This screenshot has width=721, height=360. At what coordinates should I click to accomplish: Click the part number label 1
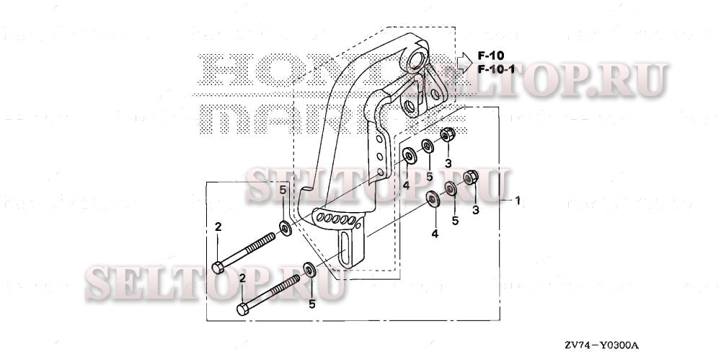point(517,200)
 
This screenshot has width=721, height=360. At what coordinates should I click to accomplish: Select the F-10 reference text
point(491,56)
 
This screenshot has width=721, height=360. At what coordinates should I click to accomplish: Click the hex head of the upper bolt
point(218,268)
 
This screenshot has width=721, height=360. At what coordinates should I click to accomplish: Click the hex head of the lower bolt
point(242,311)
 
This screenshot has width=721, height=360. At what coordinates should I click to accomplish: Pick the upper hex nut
point(446,134)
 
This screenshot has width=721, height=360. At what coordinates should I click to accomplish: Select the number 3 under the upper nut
point(448,162)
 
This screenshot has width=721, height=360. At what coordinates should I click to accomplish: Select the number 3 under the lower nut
point(475,210)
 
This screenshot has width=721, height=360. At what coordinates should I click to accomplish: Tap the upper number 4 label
point(406,185)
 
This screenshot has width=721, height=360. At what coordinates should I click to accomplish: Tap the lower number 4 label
point(435,234)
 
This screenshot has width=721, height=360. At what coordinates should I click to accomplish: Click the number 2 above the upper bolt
point(218,228)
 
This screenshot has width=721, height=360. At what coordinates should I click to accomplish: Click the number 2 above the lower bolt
point(243,278)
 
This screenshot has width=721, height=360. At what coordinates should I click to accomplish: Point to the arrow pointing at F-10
point(463,56)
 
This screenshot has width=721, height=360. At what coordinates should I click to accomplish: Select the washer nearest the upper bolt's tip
point(285,229)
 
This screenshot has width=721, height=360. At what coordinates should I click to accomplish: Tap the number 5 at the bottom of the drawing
point(311,304)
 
